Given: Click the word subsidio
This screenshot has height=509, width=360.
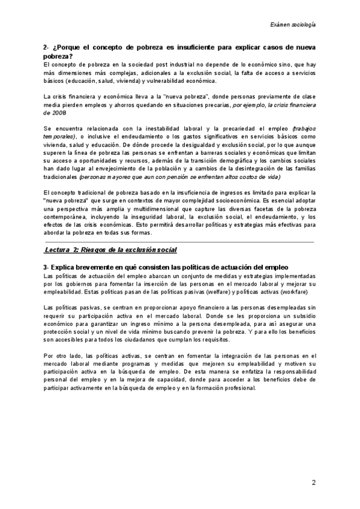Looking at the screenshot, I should click(x=298, y=315).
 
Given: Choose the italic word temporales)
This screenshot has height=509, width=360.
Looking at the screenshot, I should click(x=59, y=136).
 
